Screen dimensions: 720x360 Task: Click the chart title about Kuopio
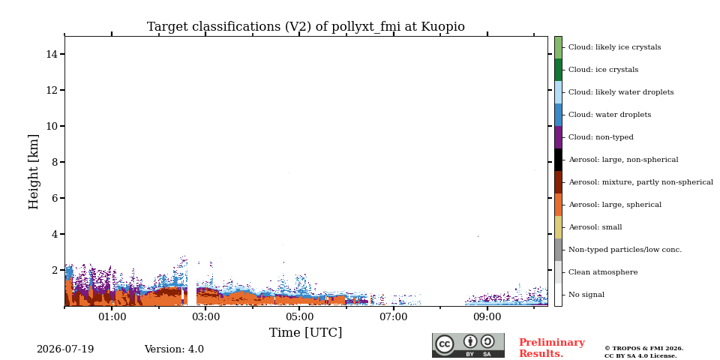pyautogui.click(x=305, y=27)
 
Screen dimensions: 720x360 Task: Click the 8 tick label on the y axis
pyautogui.click(x=55, y=162)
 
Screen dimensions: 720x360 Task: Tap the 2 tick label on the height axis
pyautogui.click(x=55, y=270)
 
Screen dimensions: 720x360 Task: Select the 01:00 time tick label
pyautogui.click(x=112, y=317)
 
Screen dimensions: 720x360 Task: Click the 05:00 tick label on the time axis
pyautogui.click(x=299, y=317)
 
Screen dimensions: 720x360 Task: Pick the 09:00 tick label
pyautogui.click(x=487, y=317)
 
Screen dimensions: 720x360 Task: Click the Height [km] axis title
pyautogui.click(x=34, y=172)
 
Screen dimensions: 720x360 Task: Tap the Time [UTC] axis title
pyautogui.click(x=305, y=332)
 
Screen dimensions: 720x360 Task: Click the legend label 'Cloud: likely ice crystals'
pyautogui.click(x=614, y=47)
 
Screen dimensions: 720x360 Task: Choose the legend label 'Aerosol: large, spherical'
pyautogui.click(x=615, y=205)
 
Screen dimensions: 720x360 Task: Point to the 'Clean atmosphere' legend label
pyautogui.click(x=603, y=272)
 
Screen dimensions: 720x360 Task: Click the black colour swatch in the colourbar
pyautogui.click(x=558, y=160)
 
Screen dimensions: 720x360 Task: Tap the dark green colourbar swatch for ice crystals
pyautogui.click(x=558, y=70)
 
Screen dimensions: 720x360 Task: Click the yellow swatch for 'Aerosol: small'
pyautogui.click(x=558, y=227)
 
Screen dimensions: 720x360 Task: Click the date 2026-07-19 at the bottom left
pyautogui.click(x=65, y=349)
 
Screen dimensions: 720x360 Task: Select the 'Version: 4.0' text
pyautogui.click(x=174, y=349)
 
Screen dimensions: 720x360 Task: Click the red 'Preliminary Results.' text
pyautogui.click(x=552, y=348)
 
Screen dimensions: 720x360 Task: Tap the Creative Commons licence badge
pyautogui.click(x=468, y=345)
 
